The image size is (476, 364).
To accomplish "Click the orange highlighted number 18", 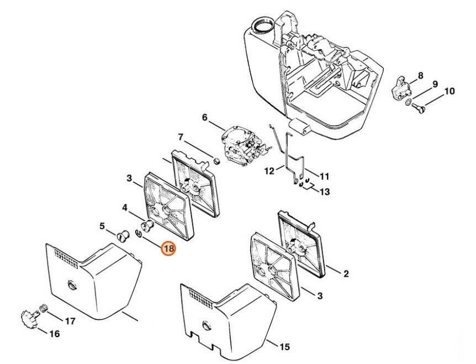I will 168,249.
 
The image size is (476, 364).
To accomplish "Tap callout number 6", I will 204,117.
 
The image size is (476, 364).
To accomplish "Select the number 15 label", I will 285,347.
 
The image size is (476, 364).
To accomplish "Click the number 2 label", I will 346,273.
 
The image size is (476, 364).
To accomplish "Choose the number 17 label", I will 70,320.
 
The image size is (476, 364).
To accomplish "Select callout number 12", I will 269,171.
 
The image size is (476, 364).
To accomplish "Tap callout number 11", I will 324,176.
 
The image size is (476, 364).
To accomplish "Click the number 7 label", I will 180,137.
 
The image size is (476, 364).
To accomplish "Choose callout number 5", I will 102,226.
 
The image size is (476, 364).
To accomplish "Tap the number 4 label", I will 125,207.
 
